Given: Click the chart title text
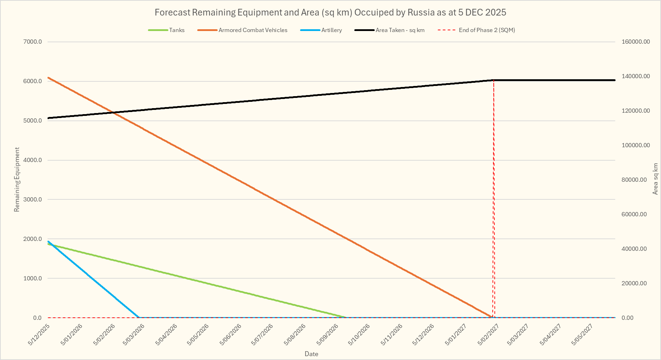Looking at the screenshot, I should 330,12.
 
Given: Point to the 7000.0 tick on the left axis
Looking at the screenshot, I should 33,42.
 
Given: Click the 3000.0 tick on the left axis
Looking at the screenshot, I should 33,199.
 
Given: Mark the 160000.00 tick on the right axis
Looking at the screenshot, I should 636,42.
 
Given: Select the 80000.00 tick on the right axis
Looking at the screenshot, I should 634,180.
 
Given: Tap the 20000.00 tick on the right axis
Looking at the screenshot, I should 634,283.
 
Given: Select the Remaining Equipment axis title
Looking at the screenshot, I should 17,180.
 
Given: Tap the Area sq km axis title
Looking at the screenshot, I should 655,179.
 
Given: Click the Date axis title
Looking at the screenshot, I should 311,354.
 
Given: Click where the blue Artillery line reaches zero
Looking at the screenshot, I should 138,317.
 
